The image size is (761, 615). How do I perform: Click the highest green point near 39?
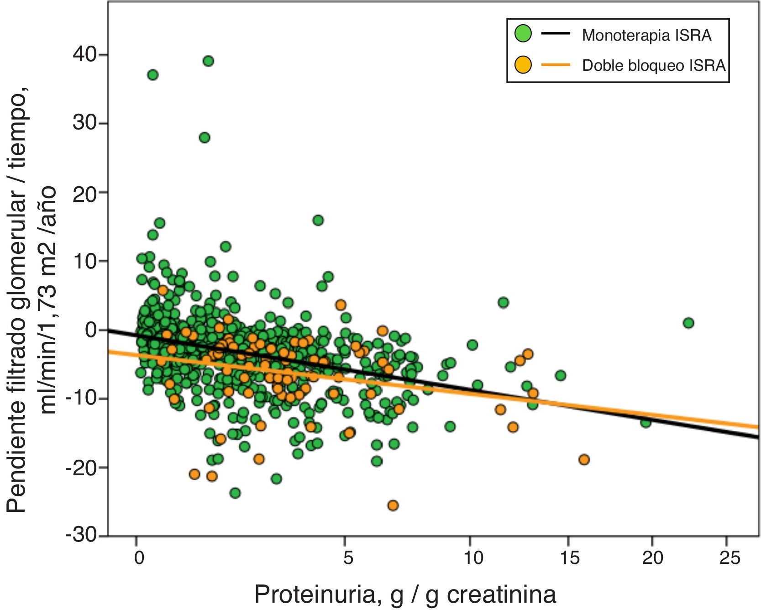coord(208,61)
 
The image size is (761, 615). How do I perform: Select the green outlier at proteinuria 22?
coord(688,323)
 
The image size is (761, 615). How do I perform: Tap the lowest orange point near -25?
coord(393,505)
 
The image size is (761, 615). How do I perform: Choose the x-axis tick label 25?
coord(730,557)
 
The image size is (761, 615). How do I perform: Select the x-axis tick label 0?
coord(139,557)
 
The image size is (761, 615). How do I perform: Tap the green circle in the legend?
coord(523,34)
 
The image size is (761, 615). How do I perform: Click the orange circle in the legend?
coord(523,65)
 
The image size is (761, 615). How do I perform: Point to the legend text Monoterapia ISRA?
coord(646,35)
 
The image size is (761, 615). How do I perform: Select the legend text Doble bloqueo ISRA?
coord(654,66)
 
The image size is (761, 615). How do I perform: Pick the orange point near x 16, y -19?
coord(584,459)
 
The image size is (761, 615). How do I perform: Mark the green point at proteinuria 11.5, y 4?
coord(503,302)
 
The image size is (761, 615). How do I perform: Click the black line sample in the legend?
coord(556,34)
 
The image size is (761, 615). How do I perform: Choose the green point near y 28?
coord(205,137)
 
